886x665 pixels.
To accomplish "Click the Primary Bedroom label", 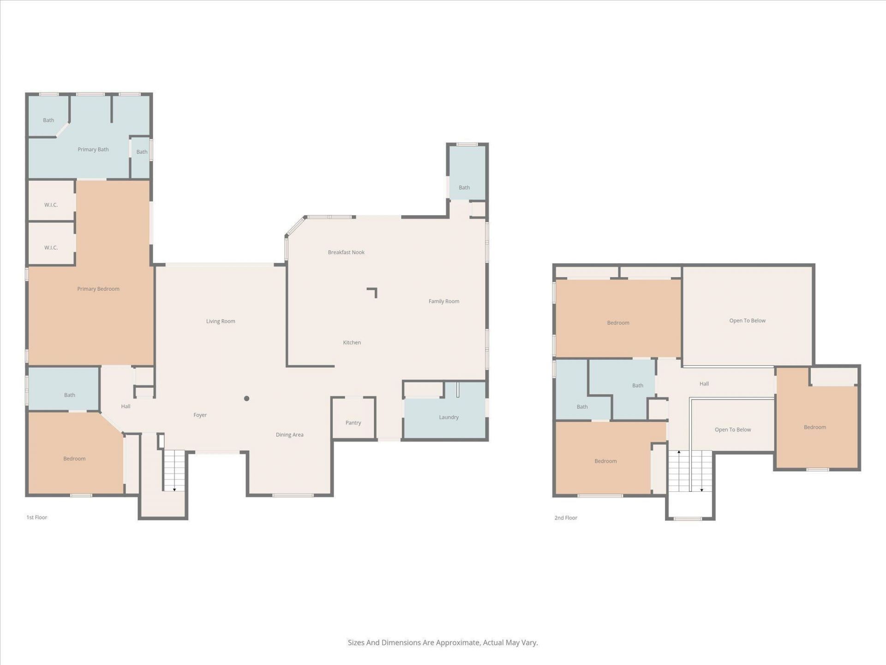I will point(98,289).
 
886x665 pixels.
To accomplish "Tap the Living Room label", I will point(221,321).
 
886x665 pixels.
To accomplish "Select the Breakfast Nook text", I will point(346,252).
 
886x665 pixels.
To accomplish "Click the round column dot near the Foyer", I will point(247,399).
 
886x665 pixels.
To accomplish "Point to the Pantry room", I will point(353,423).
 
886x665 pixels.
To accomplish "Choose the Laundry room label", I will point(449,417).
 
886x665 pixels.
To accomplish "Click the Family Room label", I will point(443,302).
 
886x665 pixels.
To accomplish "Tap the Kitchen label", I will point(352,343).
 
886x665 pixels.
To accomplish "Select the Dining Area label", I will point(289,435).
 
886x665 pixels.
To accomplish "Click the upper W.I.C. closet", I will point(51,205).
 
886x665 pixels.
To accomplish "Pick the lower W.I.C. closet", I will point(51,248).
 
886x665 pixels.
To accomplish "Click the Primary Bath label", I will point(93,150).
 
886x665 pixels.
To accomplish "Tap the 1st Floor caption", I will point(37,517).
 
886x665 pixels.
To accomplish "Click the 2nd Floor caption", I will point(566,518).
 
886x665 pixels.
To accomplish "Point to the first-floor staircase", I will point(174,470).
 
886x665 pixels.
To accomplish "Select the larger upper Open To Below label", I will point(747,320).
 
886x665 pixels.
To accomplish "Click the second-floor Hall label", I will point(704,384).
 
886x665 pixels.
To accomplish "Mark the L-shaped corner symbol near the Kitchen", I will point(373,292).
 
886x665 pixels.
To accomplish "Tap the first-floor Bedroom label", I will point(74,459).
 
